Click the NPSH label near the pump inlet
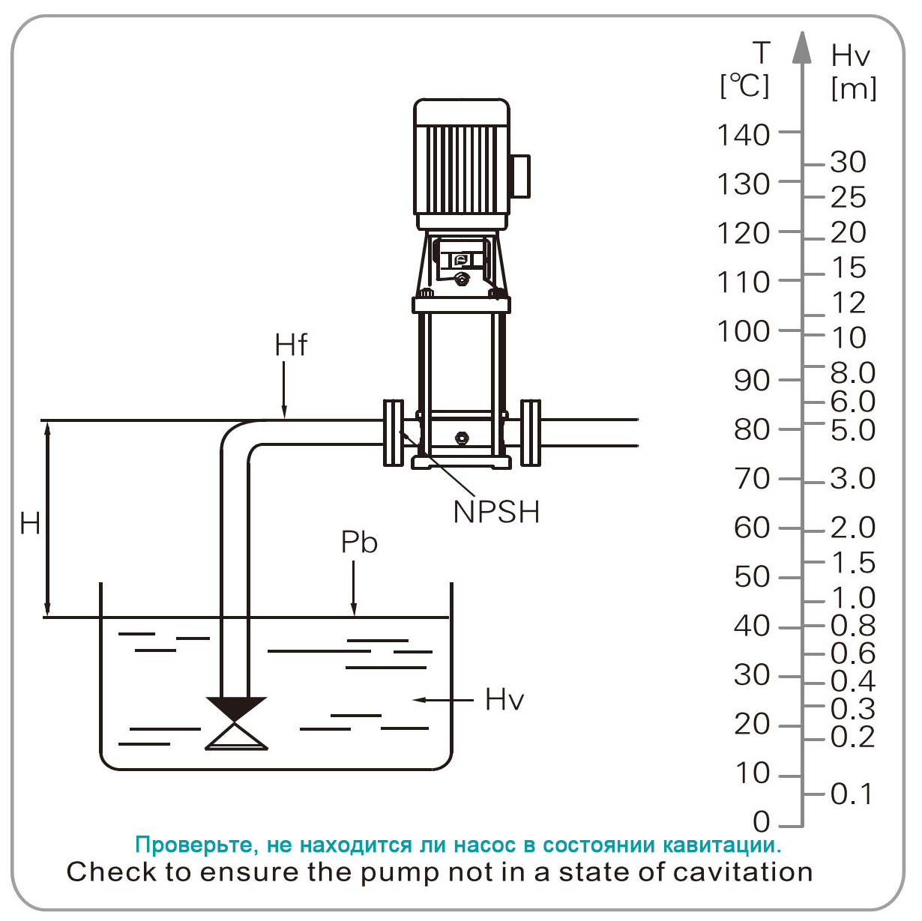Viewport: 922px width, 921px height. (496, 512)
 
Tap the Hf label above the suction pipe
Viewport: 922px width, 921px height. (291, 345)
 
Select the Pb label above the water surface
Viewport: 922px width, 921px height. (359, 542)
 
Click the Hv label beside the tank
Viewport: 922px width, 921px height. (504, 699)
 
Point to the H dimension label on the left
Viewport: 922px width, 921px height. (30, 523)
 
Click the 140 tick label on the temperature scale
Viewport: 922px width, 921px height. (744, 135)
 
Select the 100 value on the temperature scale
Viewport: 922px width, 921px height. (744, 330)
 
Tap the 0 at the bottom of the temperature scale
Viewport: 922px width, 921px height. (762, 822)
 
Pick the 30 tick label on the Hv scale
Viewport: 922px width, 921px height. (849, 162)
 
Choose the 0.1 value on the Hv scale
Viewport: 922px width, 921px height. (852, 794)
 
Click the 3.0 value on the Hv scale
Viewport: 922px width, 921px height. (853, 478)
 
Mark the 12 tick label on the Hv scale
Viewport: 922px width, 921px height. (849, 303)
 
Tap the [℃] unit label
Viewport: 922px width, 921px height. (744, 85)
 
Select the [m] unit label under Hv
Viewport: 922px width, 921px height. (854, 88)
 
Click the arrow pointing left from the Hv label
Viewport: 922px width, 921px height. (442, 700)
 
